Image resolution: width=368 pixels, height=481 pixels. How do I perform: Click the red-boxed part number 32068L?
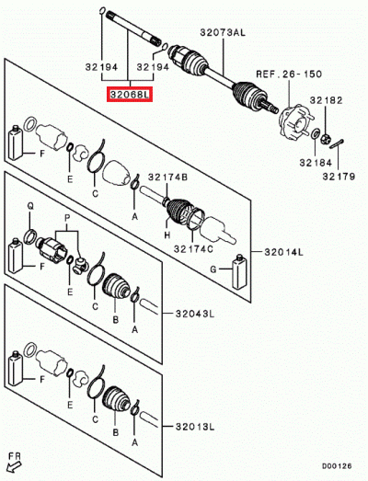[x=130, y=94]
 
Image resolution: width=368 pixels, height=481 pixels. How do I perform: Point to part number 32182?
[x=327, y=98]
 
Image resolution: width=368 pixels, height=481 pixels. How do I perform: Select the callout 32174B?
[x=171, y=175]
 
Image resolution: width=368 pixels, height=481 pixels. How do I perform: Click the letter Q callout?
[x=29, y=206]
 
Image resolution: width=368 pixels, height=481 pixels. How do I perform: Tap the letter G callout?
[x=213, y=270]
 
